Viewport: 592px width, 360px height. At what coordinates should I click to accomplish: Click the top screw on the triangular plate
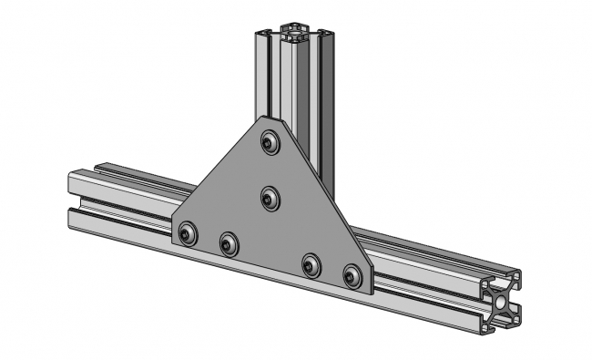click(269, 142)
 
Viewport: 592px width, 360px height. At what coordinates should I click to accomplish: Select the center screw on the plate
click(270, 198)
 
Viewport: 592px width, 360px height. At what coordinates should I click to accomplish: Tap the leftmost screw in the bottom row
click(188, 233)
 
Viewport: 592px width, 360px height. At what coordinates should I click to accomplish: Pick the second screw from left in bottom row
click(229, 243)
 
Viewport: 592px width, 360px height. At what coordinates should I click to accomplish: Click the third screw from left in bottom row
click(312, 265)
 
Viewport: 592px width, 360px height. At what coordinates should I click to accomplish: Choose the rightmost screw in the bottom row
click(352, 274)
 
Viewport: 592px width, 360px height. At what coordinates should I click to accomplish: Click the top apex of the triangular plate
click(265, 118)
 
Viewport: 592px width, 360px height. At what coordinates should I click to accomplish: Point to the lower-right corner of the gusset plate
click(369, 291)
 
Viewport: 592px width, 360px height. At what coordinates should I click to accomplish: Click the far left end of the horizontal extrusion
click(73, 197)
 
